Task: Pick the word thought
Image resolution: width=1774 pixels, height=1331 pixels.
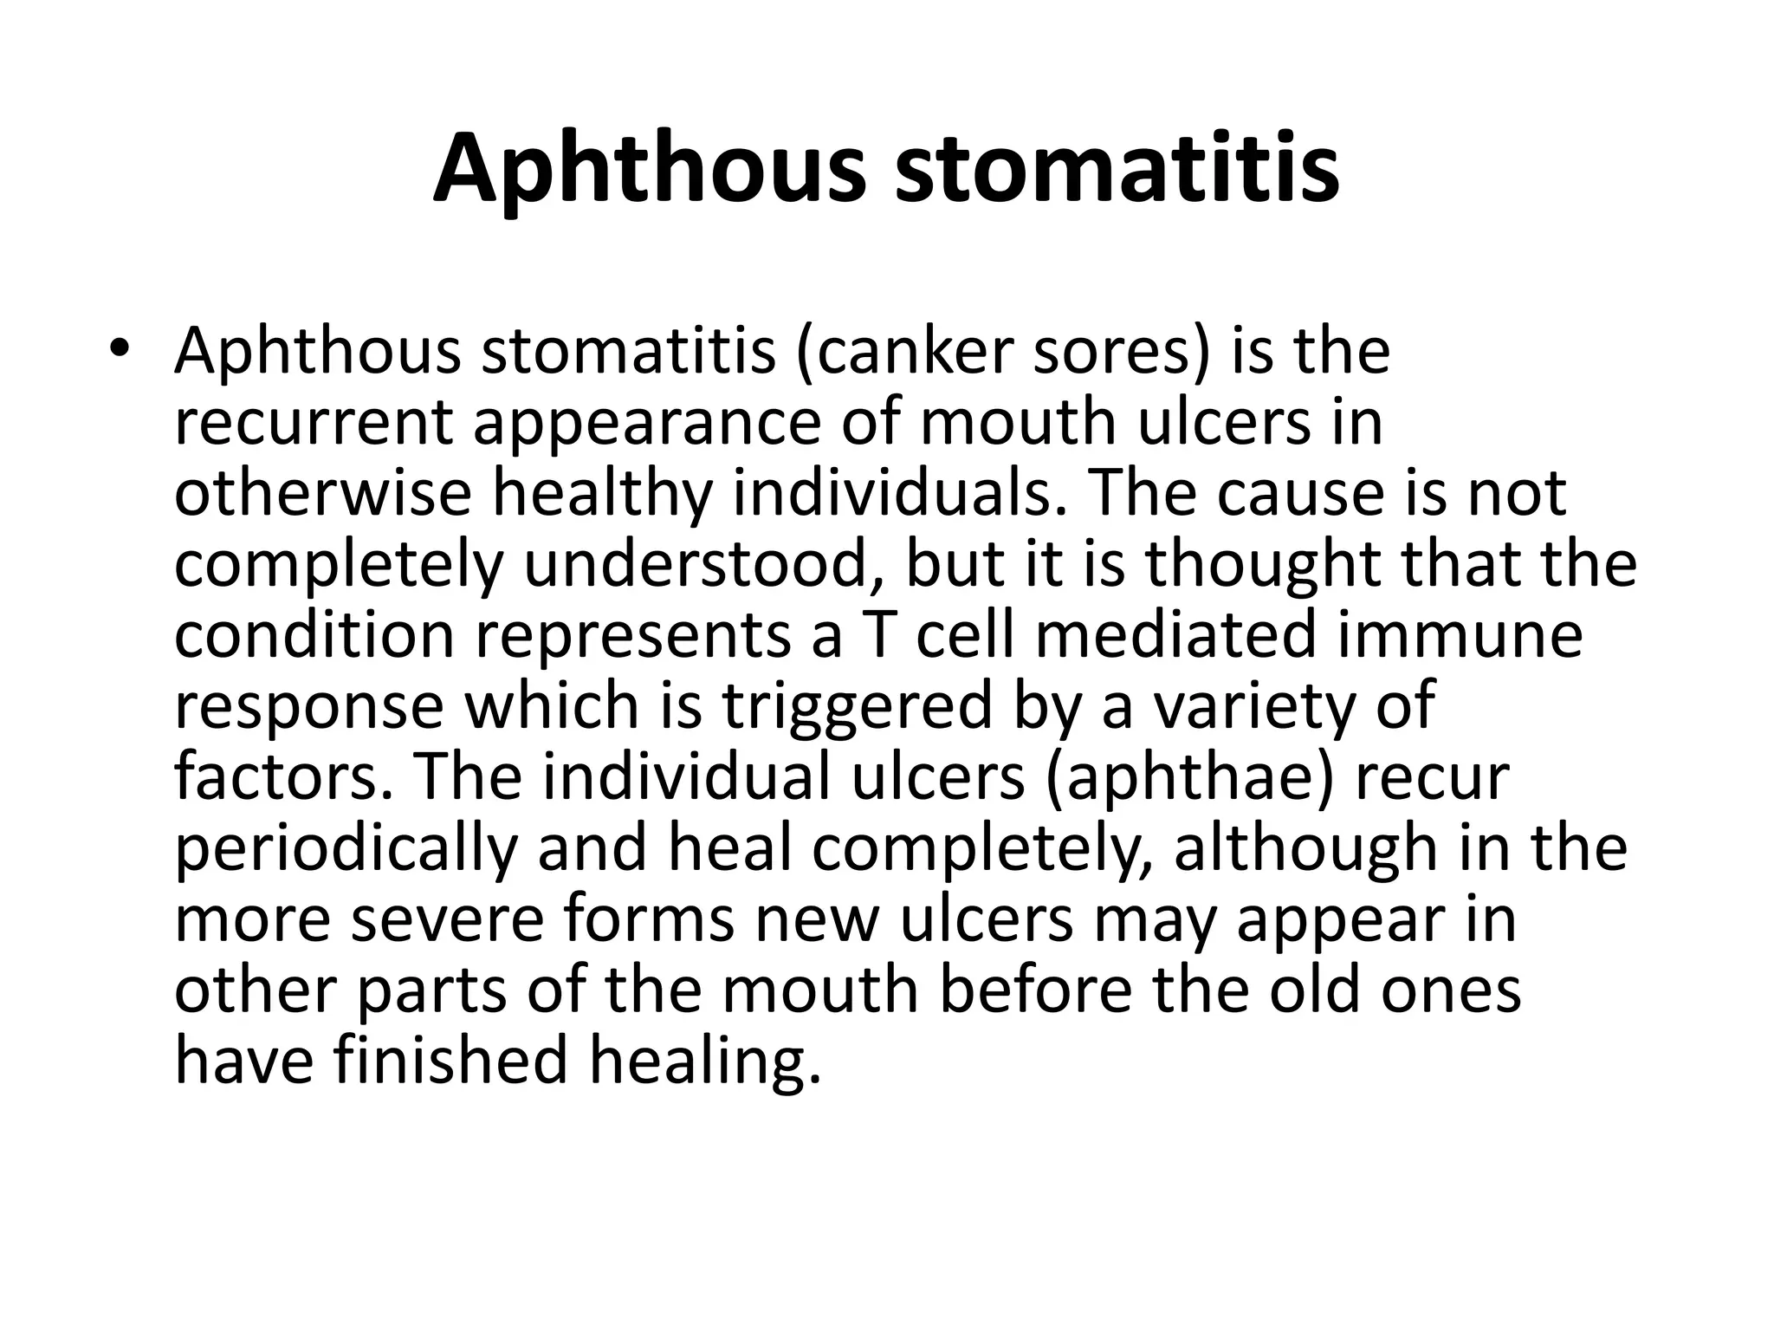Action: point(1265,564)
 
